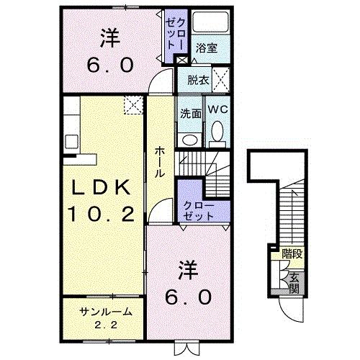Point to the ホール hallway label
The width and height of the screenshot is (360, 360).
pos(161,161)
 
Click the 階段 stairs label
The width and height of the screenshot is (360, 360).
pos(292,253)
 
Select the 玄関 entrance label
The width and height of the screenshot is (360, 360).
pos(294,284)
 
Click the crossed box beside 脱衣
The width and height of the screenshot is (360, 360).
pos(222,78)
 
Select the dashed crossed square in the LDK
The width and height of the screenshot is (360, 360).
pos(132,106)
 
